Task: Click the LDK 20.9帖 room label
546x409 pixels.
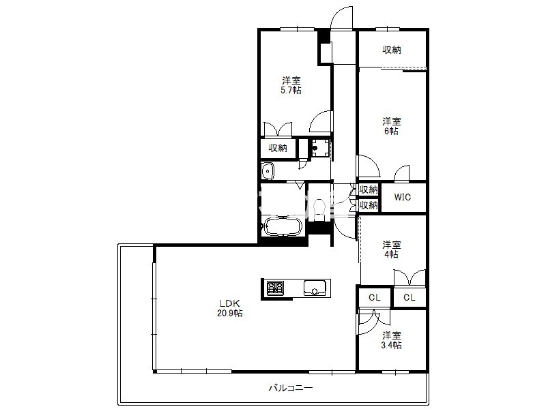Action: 230,308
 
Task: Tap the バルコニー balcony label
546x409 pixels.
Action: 291,387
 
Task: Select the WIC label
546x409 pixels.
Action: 403,197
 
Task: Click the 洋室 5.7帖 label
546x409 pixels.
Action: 291,86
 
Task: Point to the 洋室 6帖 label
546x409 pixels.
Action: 391,126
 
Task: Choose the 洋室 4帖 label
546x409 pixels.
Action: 391,249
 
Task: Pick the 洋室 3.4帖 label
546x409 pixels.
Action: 392,340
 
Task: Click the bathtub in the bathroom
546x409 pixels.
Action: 282,226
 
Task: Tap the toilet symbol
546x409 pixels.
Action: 319,209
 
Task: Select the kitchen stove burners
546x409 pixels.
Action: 275,288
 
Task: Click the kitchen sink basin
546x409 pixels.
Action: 315,288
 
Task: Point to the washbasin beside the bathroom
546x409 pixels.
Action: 268,171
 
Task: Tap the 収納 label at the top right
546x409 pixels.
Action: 392,50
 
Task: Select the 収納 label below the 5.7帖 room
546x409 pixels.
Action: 278,148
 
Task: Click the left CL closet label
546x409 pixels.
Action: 375,297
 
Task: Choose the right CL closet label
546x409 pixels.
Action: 409,297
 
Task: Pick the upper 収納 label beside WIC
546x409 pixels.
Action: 369,190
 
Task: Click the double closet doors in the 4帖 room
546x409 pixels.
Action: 409,277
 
